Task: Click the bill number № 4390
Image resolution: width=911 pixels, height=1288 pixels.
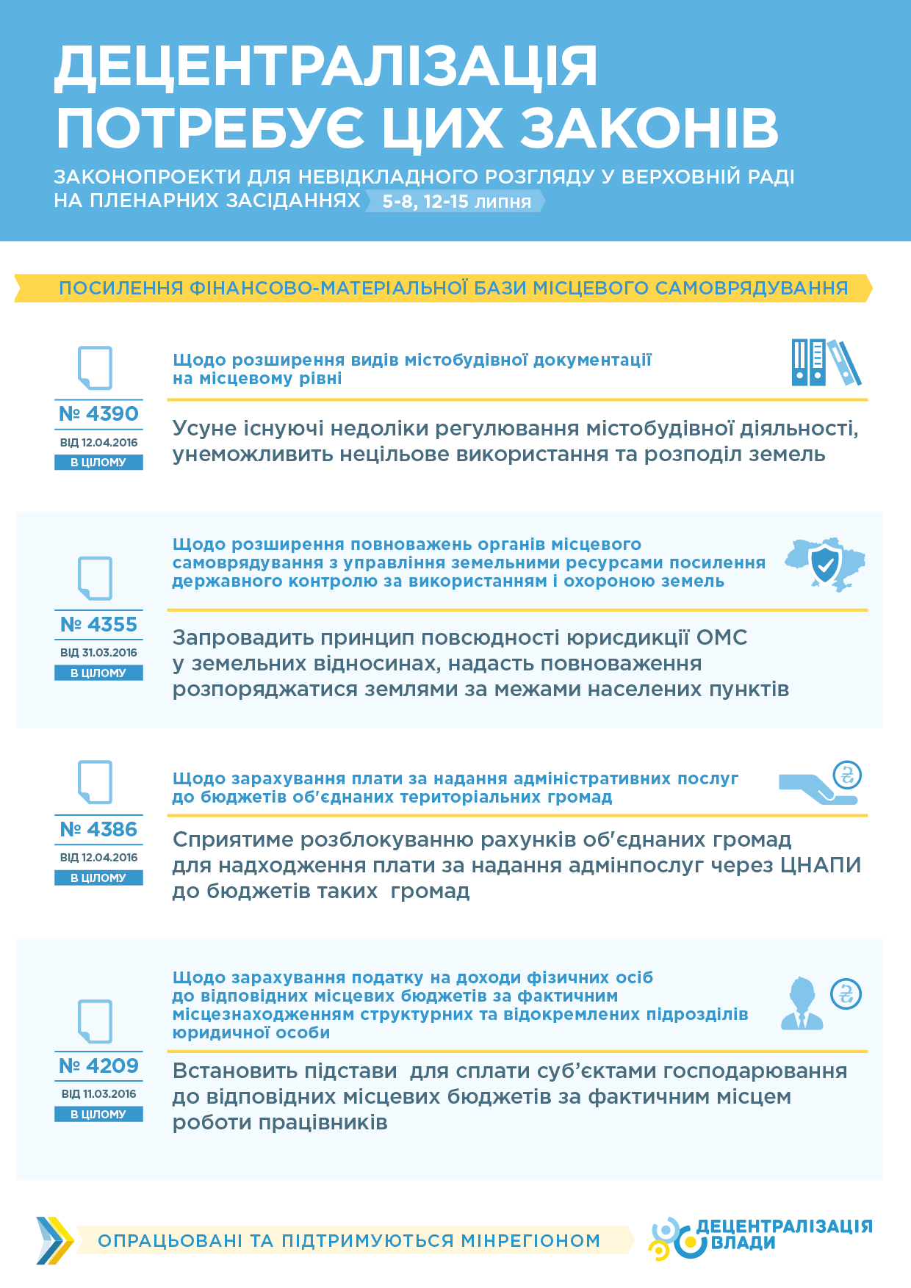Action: point(98,414)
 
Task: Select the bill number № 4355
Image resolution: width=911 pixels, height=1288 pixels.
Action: point(98,625)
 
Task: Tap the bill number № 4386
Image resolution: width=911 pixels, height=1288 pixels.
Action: point(98,830)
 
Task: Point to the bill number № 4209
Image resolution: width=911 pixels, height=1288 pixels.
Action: point(98,1066)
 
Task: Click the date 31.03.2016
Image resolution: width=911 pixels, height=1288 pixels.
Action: point(109,653)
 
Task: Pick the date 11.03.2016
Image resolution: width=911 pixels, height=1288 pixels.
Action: point(109,1094)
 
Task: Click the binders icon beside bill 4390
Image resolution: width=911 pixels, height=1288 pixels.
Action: point(826,363)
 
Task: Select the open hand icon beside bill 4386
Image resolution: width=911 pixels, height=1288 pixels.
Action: point(815,789)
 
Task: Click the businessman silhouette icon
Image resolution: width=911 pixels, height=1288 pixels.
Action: point(802,1003)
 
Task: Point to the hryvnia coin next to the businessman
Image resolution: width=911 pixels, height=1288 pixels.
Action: point(846,994)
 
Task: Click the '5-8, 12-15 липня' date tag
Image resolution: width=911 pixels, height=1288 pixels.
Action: point(456,202)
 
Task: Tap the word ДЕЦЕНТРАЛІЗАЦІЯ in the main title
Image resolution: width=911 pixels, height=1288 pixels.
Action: point(326,68)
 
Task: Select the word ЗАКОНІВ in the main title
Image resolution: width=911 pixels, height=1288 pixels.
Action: point(649,129)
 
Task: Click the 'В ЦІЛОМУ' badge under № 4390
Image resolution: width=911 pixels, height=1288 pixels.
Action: point(98,463)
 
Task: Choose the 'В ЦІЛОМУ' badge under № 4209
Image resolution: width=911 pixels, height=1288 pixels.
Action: point(98,1115)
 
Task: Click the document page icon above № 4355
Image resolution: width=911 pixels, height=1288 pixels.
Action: point(96,579)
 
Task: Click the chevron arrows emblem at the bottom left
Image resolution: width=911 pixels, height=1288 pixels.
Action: point(55,1241)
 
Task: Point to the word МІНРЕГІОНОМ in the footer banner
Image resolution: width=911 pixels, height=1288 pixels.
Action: point(530,1241)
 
